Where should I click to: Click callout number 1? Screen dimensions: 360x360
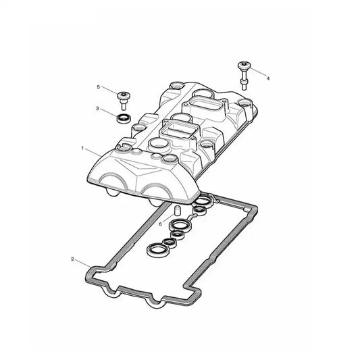click(82, 148)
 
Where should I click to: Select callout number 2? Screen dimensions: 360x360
click(72, 259)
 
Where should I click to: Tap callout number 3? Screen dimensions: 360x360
click(97, 108)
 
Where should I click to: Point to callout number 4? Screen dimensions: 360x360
click(267, 78)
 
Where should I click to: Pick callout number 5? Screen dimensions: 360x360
click(99, 87)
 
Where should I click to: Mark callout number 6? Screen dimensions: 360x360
click(161, 224)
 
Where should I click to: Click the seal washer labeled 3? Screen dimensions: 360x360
click(124, 118)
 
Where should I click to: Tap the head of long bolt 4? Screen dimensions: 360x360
click(244, 66)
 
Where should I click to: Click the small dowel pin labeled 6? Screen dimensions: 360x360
click(176, 211)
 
